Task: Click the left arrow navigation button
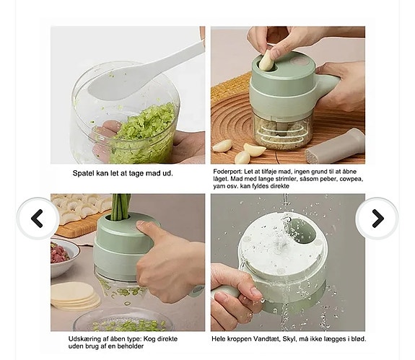click(37, 219)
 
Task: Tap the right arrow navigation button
click(377, 219)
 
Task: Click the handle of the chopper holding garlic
click(328, 84)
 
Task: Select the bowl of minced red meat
click(64, 257)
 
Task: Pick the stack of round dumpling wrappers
click(74, 294)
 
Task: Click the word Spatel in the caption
click(84, 173)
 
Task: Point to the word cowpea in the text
click(346, 178)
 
